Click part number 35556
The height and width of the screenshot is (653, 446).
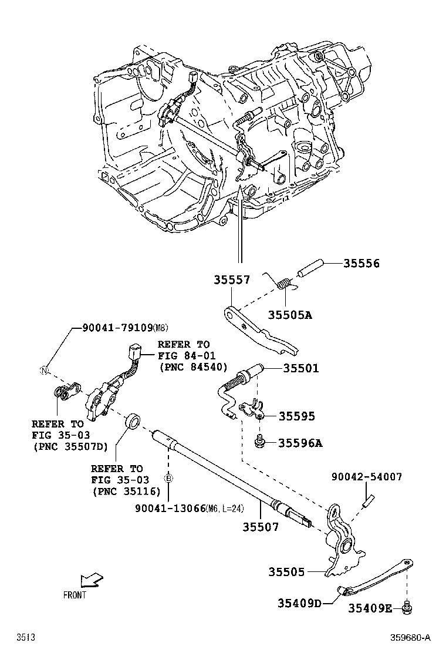click(x=361, y=264)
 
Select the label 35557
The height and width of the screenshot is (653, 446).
click(x=231, y=281)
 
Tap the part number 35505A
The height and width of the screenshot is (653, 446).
click(x=290, y=315)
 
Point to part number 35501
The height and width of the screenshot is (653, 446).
click(x=300, y=368)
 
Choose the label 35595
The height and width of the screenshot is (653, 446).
click(x=296, y=416)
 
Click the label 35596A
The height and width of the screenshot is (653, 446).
click(x=300, y=443)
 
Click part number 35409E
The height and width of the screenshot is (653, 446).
click(x=371, y=608)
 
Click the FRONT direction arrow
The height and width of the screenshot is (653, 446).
click(x=90, y=581)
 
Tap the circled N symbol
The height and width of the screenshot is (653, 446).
click(x=43, y=370)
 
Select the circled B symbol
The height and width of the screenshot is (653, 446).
click(x=168, y=479)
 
